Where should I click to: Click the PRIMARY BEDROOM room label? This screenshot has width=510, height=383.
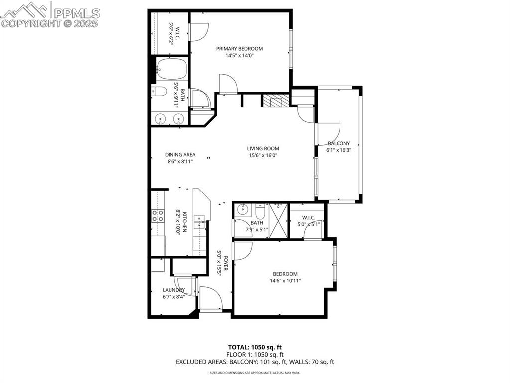[x=239, y=49]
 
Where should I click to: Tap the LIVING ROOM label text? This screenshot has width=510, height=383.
[x=263, y=148]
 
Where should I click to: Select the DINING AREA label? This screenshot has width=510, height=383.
[x=180, y=154]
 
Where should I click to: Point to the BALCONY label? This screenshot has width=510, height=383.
[x=339, y=143]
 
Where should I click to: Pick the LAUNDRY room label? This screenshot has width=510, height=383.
[x=173, y=290]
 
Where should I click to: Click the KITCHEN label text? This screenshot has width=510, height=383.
[x=184, y=222]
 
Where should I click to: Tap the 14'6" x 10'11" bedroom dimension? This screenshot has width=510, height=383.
[x=285, y=281]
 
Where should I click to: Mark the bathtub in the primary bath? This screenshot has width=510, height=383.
[x=170, y=69]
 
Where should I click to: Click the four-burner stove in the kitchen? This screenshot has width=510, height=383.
[x=158, y=215]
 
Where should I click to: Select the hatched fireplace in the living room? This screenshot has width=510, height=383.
[x=276, y=101]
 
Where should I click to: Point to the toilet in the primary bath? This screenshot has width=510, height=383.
[x=158, y=91]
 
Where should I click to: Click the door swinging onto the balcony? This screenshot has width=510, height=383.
[x=327, y=133]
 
